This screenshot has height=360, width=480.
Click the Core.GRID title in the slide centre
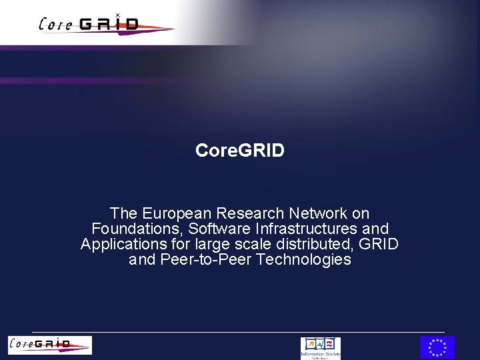point(240,151)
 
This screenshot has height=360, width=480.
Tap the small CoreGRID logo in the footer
point(50,345)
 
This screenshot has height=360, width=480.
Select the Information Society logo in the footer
point(321,347)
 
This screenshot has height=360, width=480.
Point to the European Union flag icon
point(437,347)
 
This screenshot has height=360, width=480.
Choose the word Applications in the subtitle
point(121,244)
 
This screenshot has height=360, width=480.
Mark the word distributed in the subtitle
point(321,244)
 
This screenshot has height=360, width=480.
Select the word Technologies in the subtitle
point(303,259)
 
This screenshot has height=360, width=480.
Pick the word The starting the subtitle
point(124,213)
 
